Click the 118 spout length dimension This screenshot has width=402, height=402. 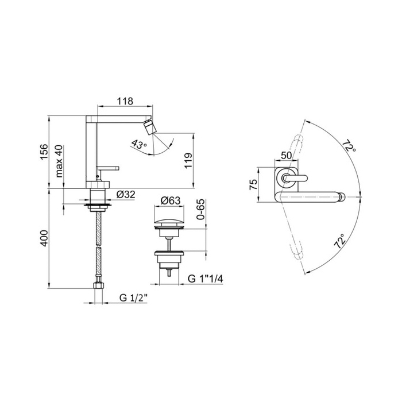tap(125, 101)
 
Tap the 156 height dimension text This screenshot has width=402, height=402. tap(44, 152)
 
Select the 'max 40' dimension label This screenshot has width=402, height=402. tap(59, 161)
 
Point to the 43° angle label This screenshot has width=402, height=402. tap(138, 144)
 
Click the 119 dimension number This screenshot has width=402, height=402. tap(188, 161)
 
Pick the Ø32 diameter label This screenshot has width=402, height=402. tap(126, 195)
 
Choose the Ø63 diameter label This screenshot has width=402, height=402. tap(171, 200)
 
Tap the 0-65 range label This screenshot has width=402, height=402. tap(201, 210)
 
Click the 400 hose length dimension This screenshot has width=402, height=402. tap(44, 238)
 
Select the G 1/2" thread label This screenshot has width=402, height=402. tap(134, 298)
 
